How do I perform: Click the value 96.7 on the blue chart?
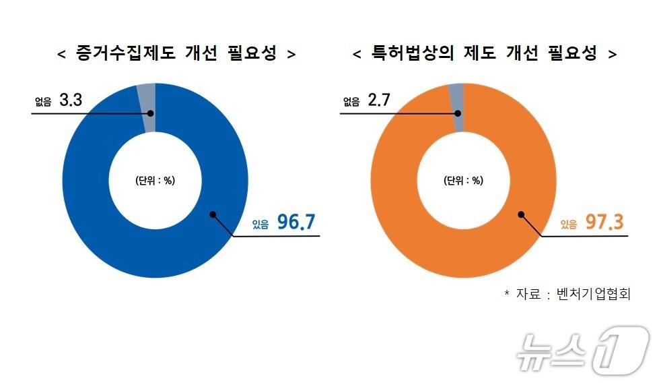pyautogui.click(x=297, y=223)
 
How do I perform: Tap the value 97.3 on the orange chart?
pyautogui.click(x=605, y=223)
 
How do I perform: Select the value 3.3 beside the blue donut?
pyautogui.click(x=71, y=101)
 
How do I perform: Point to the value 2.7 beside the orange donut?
pyautogui.click(x=379, y=101)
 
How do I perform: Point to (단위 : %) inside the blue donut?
pyautogui.click(x=155, y=181)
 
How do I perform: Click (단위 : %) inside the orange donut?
pyautogui.click(x=463, y=181)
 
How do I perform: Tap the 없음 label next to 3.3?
pyautogui.click(x=43, y=102)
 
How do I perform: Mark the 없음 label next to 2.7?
pyautogui.click(x=351, y=102)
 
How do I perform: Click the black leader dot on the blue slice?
pyautogui.click(x=213, y=214)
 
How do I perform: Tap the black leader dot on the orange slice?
pyautogui.click(x=521, y=214)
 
